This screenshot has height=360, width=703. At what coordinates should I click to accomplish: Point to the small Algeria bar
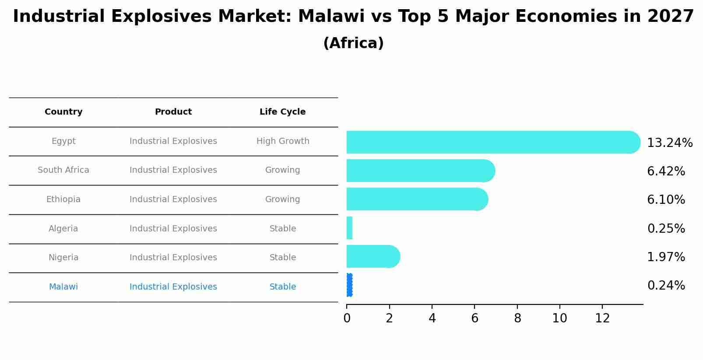point(349,228)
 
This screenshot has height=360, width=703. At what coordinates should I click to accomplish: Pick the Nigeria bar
point(373,256)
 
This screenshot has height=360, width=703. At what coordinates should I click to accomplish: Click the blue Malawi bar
point(349,285)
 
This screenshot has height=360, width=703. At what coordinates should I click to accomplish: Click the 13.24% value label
point(669,143)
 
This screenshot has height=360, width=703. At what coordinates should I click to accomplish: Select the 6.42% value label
point(666,171)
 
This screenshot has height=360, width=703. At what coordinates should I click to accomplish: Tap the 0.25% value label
point(666,229)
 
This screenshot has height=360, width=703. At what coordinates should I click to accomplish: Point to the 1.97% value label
point(666,257)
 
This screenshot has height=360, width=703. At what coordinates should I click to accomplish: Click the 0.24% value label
point(666,286)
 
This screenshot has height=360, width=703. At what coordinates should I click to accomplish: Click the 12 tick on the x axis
point(602,318)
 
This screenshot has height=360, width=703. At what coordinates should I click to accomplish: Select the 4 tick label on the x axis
point(432,318)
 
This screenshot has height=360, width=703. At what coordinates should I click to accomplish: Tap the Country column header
point(63,112)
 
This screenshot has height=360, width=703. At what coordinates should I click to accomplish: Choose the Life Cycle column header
point(282,112)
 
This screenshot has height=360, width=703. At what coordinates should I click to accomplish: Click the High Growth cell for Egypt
point(283,141)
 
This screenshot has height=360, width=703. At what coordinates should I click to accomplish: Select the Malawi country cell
point(63,287)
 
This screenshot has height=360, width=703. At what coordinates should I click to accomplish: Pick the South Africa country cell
point(63,170)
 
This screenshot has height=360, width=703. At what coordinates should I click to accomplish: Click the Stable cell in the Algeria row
point(283,229)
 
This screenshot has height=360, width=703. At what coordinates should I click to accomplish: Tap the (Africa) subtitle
point(353,43)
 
